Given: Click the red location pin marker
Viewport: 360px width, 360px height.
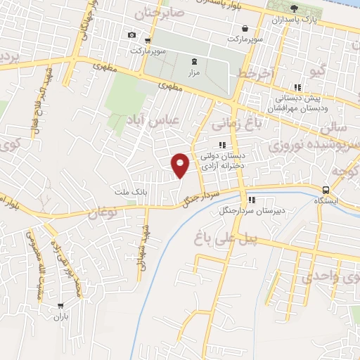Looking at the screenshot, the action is [181, 165].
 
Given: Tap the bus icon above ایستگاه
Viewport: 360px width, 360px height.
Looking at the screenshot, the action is [326, 190].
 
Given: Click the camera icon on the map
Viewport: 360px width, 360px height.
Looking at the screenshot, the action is [131, 34].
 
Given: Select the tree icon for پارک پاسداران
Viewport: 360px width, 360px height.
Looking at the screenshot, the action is [294, 8].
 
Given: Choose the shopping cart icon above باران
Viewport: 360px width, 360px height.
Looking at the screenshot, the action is [61, 306].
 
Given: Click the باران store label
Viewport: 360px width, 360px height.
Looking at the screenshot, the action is [60, 317].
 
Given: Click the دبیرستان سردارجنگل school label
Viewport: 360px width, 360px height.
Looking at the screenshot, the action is [252, 210].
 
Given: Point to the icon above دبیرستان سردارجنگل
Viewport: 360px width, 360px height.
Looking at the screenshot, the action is [252, 200].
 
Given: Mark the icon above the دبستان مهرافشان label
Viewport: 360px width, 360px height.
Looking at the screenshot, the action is [297, 88].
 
